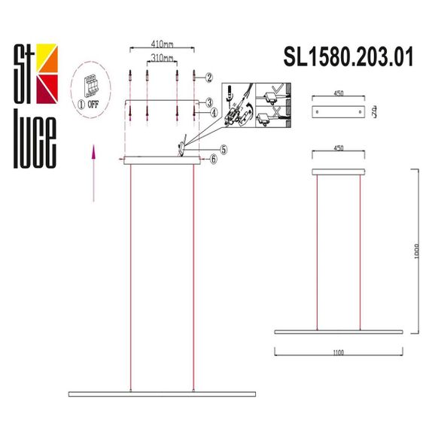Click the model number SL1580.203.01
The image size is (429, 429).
[348, 57]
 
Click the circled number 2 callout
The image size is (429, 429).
[209, 77]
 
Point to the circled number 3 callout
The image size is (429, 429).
[213, 101]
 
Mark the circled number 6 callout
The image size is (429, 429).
[214, 159]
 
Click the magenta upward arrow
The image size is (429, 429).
[93, 173]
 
